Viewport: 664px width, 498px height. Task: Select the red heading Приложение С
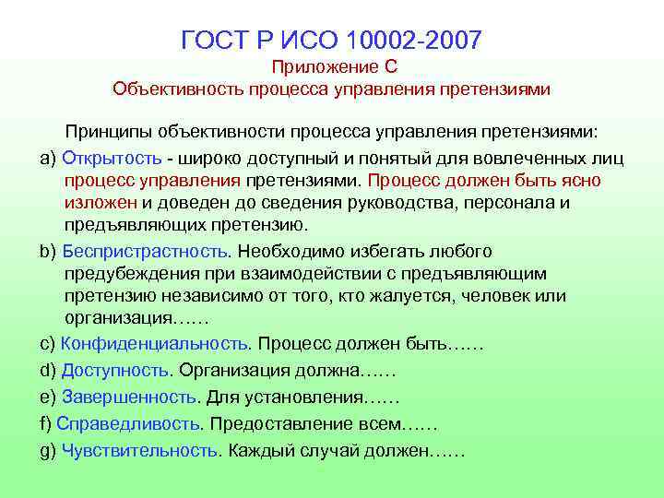point(332,67)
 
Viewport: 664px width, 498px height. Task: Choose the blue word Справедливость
point(129,424)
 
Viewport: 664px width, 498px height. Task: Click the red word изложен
point(101,202)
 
